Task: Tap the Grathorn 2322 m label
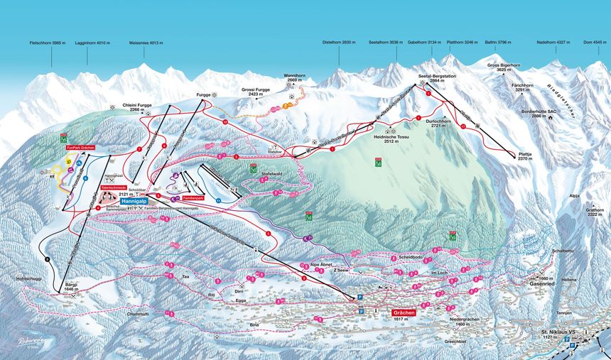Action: point(595,212)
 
